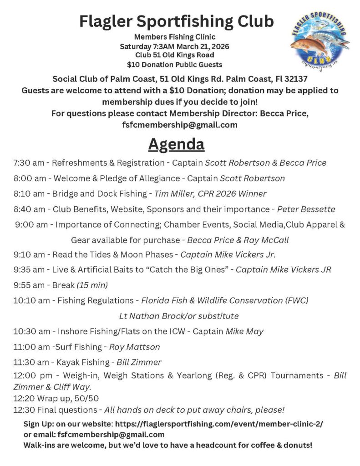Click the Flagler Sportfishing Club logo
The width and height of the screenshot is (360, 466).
pos(320,41)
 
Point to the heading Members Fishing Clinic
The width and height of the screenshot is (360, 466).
pos(175,37)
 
